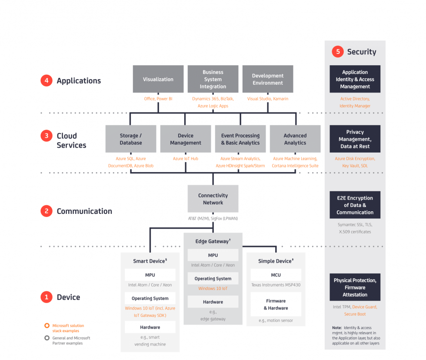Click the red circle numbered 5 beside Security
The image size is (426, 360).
[338, 52]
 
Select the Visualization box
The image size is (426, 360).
[158, 79]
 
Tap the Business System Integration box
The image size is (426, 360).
[213, 79]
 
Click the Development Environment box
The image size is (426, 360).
[268, 79]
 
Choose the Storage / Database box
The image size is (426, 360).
[131, 139]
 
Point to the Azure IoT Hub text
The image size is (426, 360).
[186, 159]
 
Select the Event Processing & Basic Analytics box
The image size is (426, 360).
[240, 139]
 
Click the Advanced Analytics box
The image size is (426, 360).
[295, 139]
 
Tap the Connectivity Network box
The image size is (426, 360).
[213, 199]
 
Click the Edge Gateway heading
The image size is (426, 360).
[213, 241]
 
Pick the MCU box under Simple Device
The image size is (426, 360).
[276, 275]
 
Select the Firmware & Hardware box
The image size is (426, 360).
[276, 304]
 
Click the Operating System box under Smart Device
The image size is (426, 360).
[150, 298]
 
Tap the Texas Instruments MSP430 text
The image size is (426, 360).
[276, 285]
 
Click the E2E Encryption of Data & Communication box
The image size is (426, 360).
[355, 205]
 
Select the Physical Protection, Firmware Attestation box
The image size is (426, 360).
[355, 287]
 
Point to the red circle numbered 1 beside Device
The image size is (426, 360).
[47, 297]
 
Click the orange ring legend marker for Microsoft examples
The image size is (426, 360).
[47, 326]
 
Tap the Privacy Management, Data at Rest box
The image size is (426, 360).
[355, 139]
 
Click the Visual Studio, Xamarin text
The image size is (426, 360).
[268, 99]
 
